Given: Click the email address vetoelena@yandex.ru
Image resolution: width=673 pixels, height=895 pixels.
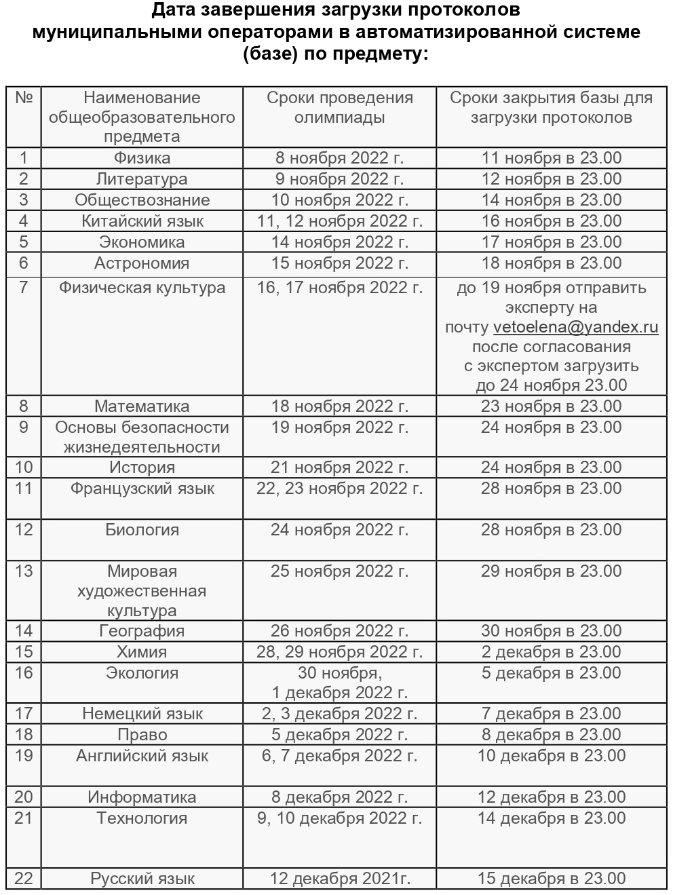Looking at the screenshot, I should coord(576,327).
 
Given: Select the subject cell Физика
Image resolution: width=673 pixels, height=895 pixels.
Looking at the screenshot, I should coord(142,158).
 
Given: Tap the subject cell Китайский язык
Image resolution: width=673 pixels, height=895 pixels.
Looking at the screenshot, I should coord(142,221).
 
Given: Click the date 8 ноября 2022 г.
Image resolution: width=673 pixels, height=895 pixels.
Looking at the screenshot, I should coord(339,158).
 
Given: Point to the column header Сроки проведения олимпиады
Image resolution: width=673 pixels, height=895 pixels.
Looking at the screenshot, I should coord(339,107).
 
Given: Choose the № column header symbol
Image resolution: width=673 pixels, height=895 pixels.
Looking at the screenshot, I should coord(24,98).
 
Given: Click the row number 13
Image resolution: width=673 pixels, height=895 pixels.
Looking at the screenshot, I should coord(24,571).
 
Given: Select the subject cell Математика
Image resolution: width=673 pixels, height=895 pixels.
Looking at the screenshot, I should coord(142,406).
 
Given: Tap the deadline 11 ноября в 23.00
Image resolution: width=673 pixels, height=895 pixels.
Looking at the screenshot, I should coord(551,158).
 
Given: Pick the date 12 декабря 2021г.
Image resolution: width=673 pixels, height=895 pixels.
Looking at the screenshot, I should coord(340,879).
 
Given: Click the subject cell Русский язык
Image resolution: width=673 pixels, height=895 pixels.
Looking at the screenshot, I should coord(142,879).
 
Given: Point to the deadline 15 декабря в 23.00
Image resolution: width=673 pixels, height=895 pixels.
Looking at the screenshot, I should coord(551,879).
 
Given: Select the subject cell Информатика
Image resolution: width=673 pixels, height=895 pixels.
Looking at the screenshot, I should coord(142,797).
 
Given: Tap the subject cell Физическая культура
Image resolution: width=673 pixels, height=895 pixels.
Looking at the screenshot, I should coord(142,288).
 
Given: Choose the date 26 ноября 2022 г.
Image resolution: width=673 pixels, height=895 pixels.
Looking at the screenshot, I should coord(339,631).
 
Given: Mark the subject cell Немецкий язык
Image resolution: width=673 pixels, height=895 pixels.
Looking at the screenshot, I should coord(142,714).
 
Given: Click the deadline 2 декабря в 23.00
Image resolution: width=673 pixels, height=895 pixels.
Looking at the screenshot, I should coord(551,652).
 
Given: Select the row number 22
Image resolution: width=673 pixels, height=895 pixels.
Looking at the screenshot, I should coord(24,878).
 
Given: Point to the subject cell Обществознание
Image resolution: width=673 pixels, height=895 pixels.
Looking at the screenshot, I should coord(142,200).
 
